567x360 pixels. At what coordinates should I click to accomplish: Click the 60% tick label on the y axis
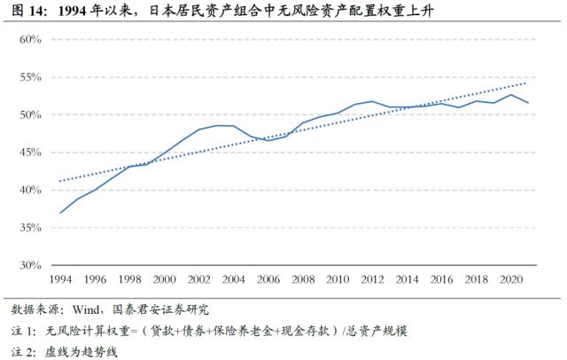coord(31,40)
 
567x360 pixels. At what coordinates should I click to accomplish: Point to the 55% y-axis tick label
coord(31,77)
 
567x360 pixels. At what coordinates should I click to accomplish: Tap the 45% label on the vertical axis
coord(31,153)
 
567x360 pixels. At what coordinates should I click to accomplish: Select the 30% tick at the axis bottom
coord(31,265)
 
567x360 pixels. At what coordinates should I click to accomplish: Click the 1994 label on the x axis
coord(59,280)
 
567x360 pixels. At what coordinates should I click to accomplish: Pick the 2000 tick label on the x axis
coord(164,280)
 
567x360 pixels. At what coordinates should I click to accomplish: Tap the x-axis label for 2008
coord(303,280)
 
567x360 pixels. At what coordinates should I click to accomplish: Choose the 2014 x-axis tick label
coord(408,280)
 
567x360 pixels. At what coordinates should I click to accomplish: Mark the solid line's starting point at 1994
coord(59,213)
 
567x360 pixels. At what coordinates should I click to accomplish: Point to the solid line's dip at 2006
coord(268,140)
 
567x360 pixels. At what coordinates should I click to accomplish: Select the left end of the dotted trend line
coord(59,181)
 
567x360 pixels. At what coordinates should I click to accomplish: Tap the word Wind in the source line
coord(101,311)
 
